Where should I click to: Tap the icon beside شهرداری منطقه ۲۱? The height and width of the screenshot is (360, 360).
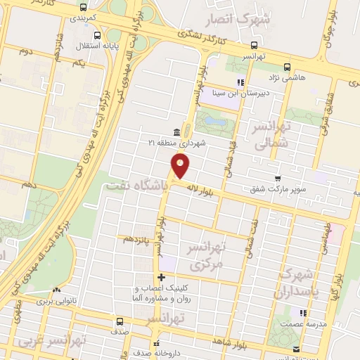(x=176, y=132)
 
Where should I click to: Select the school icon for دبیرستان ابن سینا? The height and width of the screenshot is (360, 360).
(x=240, y=82)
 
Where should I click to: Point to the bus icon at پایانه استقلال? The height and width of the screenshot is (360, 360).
(x=96, y=35)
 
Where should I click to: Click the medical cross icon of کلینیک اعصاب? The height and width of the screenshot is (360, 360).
(x=162, y=276)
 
